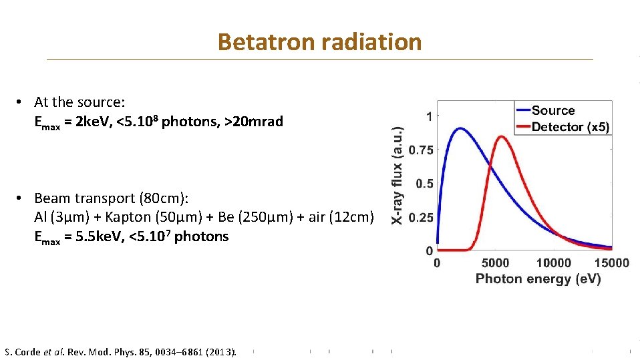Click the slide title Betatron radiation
(x=319, y=42)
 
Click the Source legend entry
(x=552, y=111)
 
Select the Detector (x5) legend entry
(x=570, y=127)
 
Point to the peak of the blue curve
(x=459, y=128)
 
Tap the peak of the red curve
(x=501, y=138)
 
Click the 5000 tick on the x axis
(x=495, y=263)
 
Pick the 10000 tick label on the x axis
(x=553, y=263)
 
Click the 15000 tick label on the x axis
(x=611, y=263)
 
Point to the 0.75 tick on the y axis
(x=420, y=150)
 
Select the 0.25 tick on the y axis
(x=420, y=218)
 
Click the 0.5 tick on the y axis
(x=424, y=184)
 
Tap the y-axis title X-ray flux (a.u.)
(x=397, y=176)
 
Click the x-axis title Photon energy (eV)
(x=538, y=279)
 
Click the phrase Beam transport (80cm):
(x=112, y=198)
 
